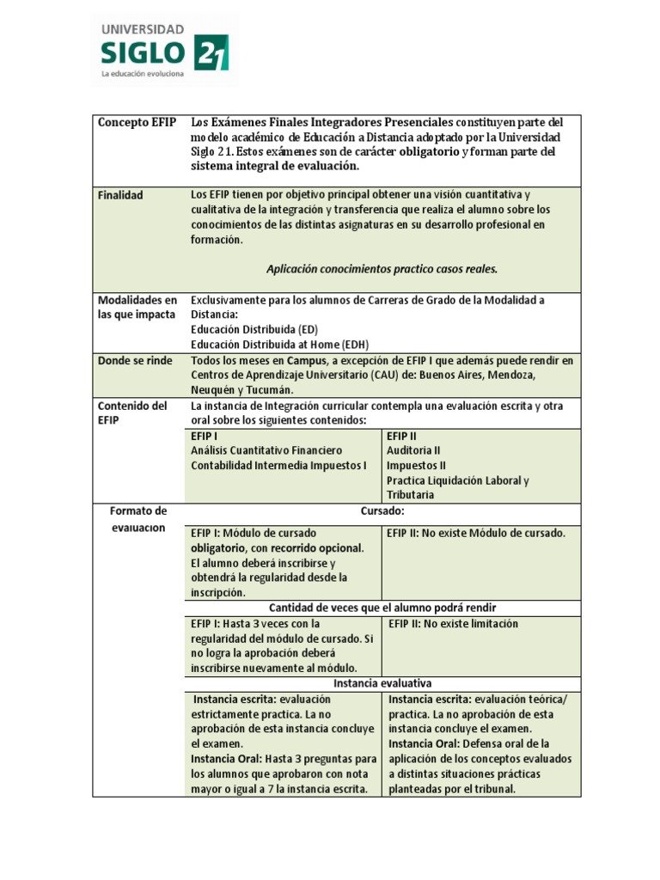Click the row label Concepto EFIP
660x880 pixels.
click(x=137, y=122)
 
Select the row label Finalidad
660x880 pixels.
click(x=120, y=195)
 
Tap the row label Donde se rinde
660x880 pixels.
click(x=135, y=360)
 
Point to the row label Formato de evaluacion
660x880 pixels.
click(x=137, y=519)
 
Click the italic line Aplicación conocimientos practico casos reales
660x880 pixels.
click(x=382, y=269)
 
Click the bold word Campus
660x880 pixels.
click(x=306, y=360)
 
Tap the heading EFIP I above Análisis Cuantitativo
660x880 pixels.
click(x=204, y=436)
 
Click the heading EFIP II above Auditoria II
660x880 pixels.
click(x=401, y=436)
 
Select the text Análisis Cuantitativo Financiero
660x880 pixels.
click(x=266, y=450)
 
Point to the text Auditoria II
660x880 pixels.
click(x=413, y=450)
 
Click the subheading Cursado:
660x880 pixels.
click(x=382, y=511)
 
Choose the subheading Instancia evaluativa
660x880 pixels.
click(x=382, y=682)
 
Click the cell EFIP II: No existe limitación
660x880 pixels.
click(x=453, y=624)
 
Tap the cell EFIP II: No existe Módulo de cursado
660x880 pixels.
click(x=476, y=533)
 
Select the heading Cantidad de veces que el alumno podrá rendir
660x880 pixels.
click(x=382, y=608)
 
